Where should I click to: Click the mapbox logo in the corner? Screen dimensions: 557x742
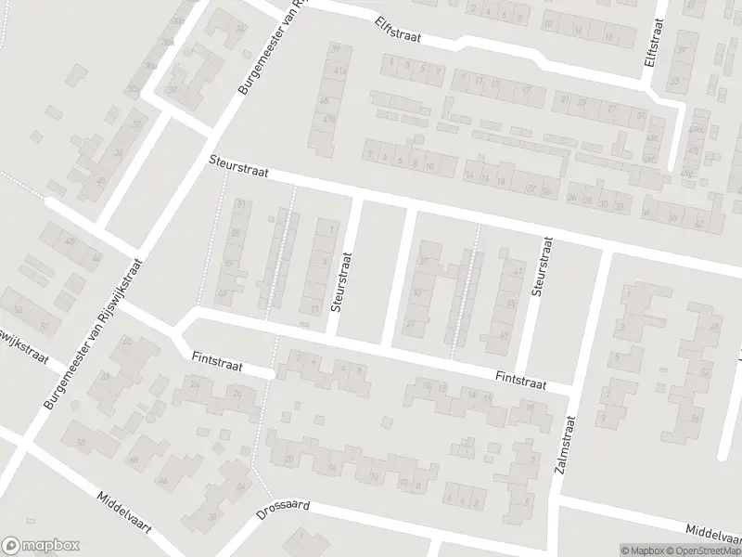pos(41,546)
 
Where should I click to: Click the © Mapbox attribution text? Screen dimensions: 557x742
pos(643,551)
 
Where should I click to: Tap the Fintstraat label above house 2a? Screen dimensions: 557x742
pos(217,361)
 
